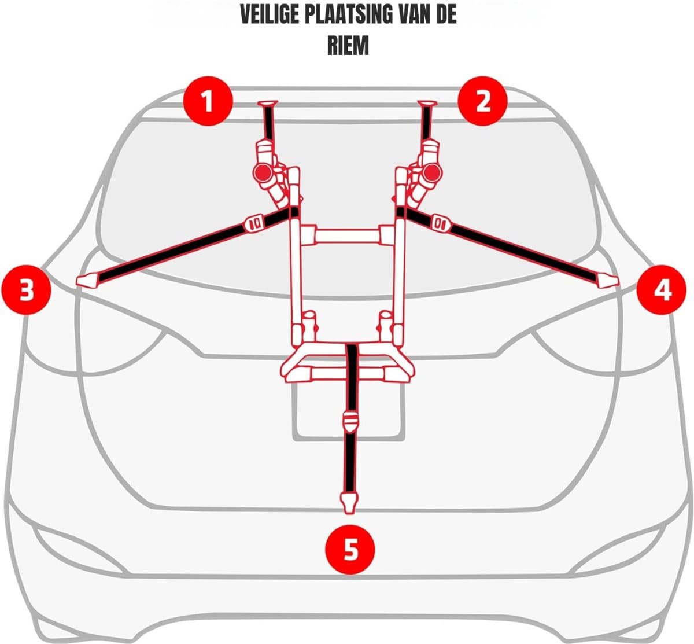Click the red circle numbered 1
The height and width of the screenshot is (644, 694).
pos(208,101)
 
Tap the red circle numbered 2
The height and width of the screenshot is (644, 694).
pos(482,101)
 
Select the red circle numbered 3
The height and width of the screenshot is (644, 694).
pos(26,289)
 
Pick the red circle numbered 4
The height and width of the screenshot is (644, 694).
pos(662,289)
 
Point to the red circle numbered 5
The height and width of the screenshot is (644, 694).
pos(350,549)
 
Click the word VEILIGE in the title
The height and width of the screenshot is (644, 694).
pos(270,15)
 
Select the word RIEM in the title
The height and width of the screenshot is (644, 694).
pos(348,46)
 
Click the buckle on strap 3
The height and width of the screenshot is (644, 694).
pos(254,223)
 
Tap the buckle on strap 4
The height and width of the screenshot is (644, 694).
pos(441,223)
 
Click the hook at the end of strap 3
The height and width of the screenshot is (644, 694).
pos(87,281)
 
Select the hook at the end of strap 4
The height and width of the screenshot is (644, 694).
pos(608,281)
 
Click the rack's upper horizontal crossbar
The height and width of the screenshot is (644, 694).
pos(348,236)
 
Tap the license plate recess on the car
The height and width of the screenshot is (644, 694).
pos(349,411)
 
